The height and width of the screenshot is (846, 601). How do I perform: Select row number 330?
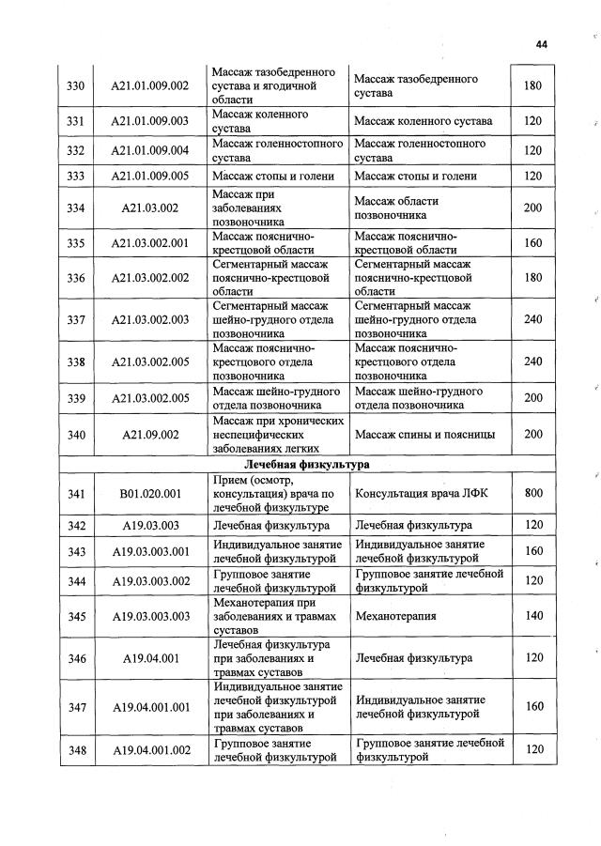click(77, 85)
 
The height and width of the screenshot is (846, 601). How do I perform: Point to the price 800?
click(533, 494)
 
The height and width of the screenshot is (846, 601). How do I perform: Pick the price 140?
click(533, 616)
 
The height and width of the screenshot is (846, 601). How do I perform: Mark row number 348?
click(77, 750)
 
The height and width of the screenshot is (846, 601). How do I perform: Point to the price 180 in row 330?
click(533, 85)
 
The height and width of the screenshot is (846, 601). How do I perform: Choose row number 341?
click(77, 494)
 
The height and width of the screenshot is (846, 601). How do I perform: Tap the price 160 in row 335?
click(533, 243)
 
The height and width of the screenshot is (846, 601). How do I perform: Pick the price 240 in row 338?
click(533, 361)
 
